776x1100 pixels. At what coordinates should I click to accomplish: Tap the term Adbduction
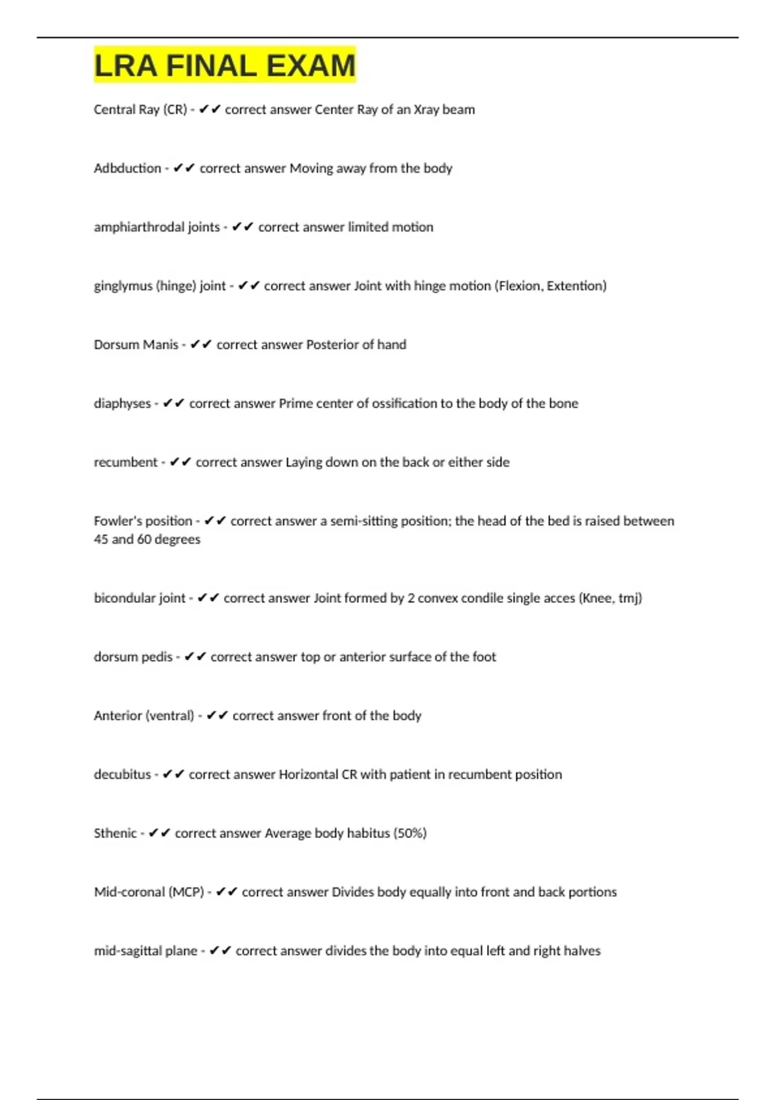[127, 168]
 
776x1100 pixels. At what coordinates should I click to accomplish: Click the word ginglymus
[123, 286]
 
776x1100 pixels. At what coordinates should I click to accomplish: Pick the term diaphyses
[122, 404]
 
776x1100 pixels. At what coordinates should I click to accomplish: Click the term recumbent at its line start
[125, 462]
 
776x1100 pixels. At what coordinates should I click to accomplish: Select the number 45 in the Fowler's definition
[101, 539]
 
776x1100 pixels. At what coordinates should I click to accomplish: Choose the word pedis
[156, 657]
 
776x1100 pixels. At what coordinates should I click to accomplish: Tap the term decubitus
[122, 775]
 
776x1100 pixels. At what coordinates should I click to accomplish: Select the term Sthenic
[115, 833]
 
